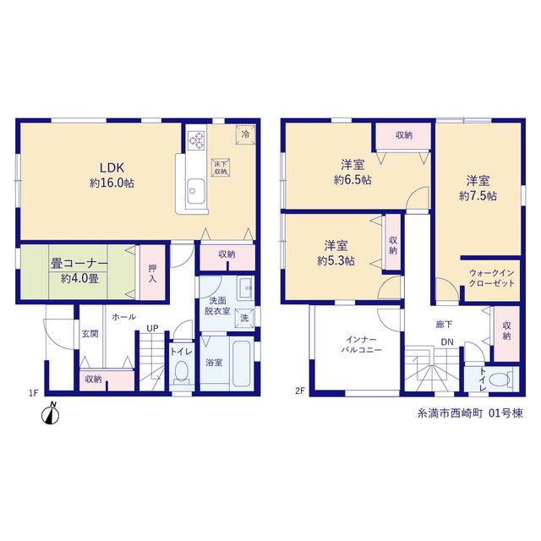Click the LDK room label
click(112, 167)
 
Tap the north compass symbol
click(51, 413)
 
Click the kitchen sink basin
click(195, 190)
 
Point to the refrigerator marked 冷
click(245, 134)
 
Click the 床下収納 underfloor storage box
click(221, 167)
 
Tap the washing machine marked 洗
click(244, 318)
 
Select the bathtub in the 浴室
click(241, 363)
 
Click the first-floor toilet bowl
click(182, 373)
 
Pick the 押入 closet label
click(152, 273)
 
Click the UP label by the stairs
click(152, 329)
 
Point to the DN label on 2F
click(447, 342)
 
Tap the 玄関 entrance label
click(90, 334)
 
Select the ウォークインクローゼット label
click(492, 278)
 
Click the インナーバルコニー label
click(361, 345)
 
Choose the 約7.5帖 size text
click(478, 196)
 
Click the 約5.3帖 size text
click(336, 260)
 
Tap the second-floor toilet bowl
click(500, 380)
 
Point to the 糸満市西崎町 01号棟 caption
click(470, 413)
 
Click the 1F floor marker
click(33, 392)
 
